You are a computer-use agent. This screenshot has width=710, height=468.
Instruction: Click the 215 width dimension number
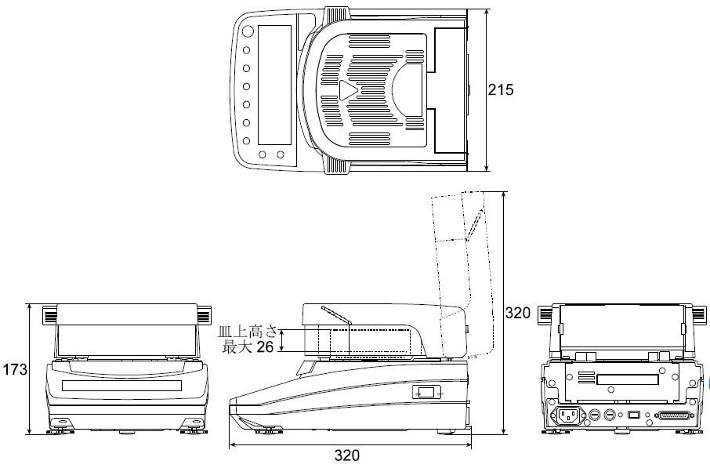pyautogui.click(x=501, y=90)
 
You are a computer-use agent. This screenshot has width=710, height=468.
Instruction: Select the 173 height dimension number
pyautogui.click(x=15, y=370)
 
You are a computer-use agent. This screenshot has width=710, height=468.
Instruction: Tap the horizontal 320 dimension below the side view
pyautogui.click(x=347, y=455)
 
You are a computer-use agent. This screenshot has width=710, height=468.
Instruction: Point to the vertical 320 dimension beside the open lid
pyautogui.click(x=517, y=313)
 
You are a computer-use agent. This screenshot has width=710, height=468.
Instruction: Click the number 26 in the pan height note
pyautogui.click(x=265, y=347)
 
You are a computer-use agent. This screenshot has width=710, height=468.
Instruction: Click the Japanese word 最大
pyautogui.click(x=237, y=347)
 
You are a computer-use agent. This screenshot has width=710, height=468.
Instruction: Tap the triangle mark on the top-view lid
pyautogui.click(x=348, y=90)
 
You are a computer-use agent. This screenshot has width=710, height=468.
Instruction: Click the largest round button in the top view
pyautogui.click(x=248, y=31)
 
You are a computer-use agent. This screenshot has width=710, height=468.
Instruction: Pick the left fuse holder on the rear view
pyautogui.click(x=595, y=415)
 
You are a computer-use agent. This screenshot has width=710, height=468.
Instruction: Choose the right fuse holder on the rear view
pyautogui.click(x=611, y=415)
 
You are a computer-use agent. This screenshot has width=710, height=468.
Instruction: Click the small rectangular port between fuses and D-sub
pyautogui.click(x=633, y=415)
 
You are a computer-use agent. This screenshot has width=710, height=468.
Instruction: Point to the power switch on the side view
pyautogui.click(x=426, y=392)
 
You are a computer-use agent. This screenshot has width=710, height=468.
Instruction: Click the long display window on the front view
pyautogui.click(x=121, y=386)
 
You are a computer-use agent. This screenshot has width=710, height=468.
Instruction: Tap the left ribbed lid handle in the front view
pyautogui.click(x=50, y=315)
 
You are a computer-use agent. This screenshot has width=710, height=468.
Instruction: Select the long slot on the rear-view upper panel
pyautogui.click(x=628, y=379)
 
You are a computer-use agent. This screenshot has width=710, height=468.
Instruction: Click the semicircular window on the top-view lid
pyautogui.click(x=407, y=89)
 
